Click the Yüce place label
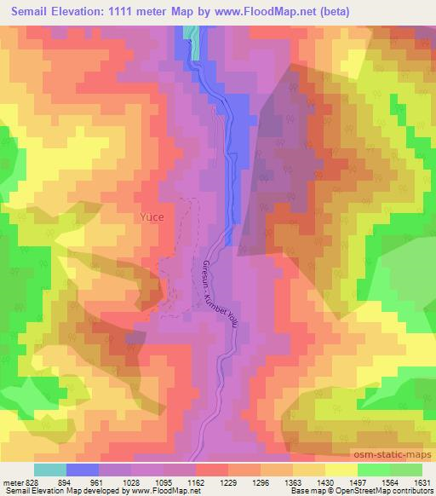pyautogui.click(x=151, y=217)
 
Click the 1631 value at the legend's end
pyautogui.click(x=422, y=482)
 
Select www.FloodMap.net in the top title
pyautogui.click(x=255, y=11)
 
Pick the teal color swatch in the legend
pyautogui.click(x=50, y=470)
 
